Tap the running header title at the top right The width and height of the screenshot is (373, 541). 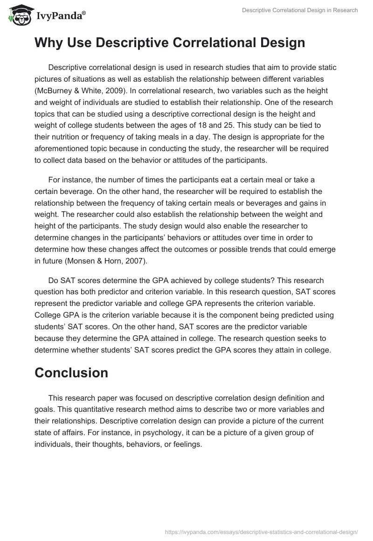click(300, 11)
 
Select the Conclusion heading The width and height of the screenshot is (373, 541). click(71, 373)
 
